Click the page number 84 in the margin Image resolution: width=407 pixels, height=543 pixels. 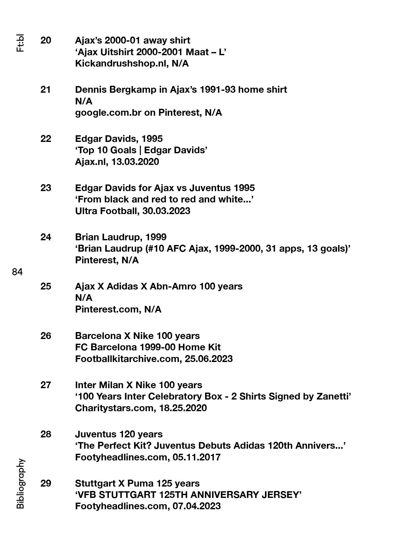(17, 272)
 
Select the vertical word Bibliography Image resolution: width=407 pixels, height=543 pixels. (20, 483)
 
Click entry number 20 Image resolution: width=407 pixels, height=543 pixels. (46, 40)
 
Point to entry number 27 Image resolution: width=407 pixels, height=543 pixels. (46, 385)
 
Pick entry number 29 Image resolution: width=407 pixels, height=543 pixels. (46, 483)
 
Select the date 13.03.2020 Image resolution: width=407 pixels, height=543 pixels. (135, 162)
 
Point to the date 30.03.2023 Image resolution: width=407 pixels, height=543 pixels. (166, 211)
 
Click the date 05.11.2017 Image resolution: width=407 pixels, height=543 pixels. (197, 457)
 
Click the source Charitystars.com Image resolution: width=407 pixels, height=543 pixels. (114, 408)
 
